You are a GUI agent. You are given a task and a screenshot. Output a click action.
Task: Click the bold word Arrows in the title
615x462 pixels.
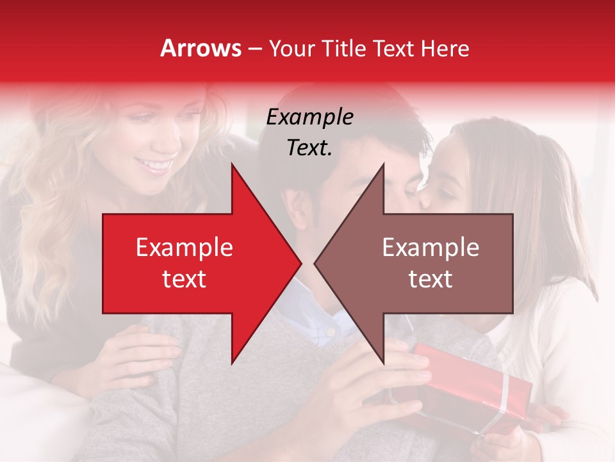[x=201, y=48]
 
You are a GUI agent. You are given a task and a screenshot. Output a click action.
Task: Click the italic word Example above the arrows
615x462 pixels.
[x=310, y=117]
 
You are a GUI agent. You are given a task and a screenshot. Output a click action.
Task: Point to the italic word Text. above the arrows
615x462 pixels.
[x=310, y=148]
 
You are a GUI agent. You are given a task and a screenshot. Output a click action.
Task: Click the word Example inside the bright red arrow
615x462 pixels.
[x=184, y=248]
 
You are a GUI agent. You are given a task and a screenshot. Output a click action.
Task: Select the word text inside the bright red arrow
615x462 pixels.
[x=184, y=279]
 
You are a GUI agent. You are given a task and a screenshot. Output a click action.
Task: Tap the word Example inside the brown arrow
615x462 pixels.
[x=430, y=248]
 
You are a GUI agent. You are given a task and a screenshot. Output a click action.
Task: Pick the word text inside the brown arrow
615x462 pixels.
[x=430, y=279]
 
